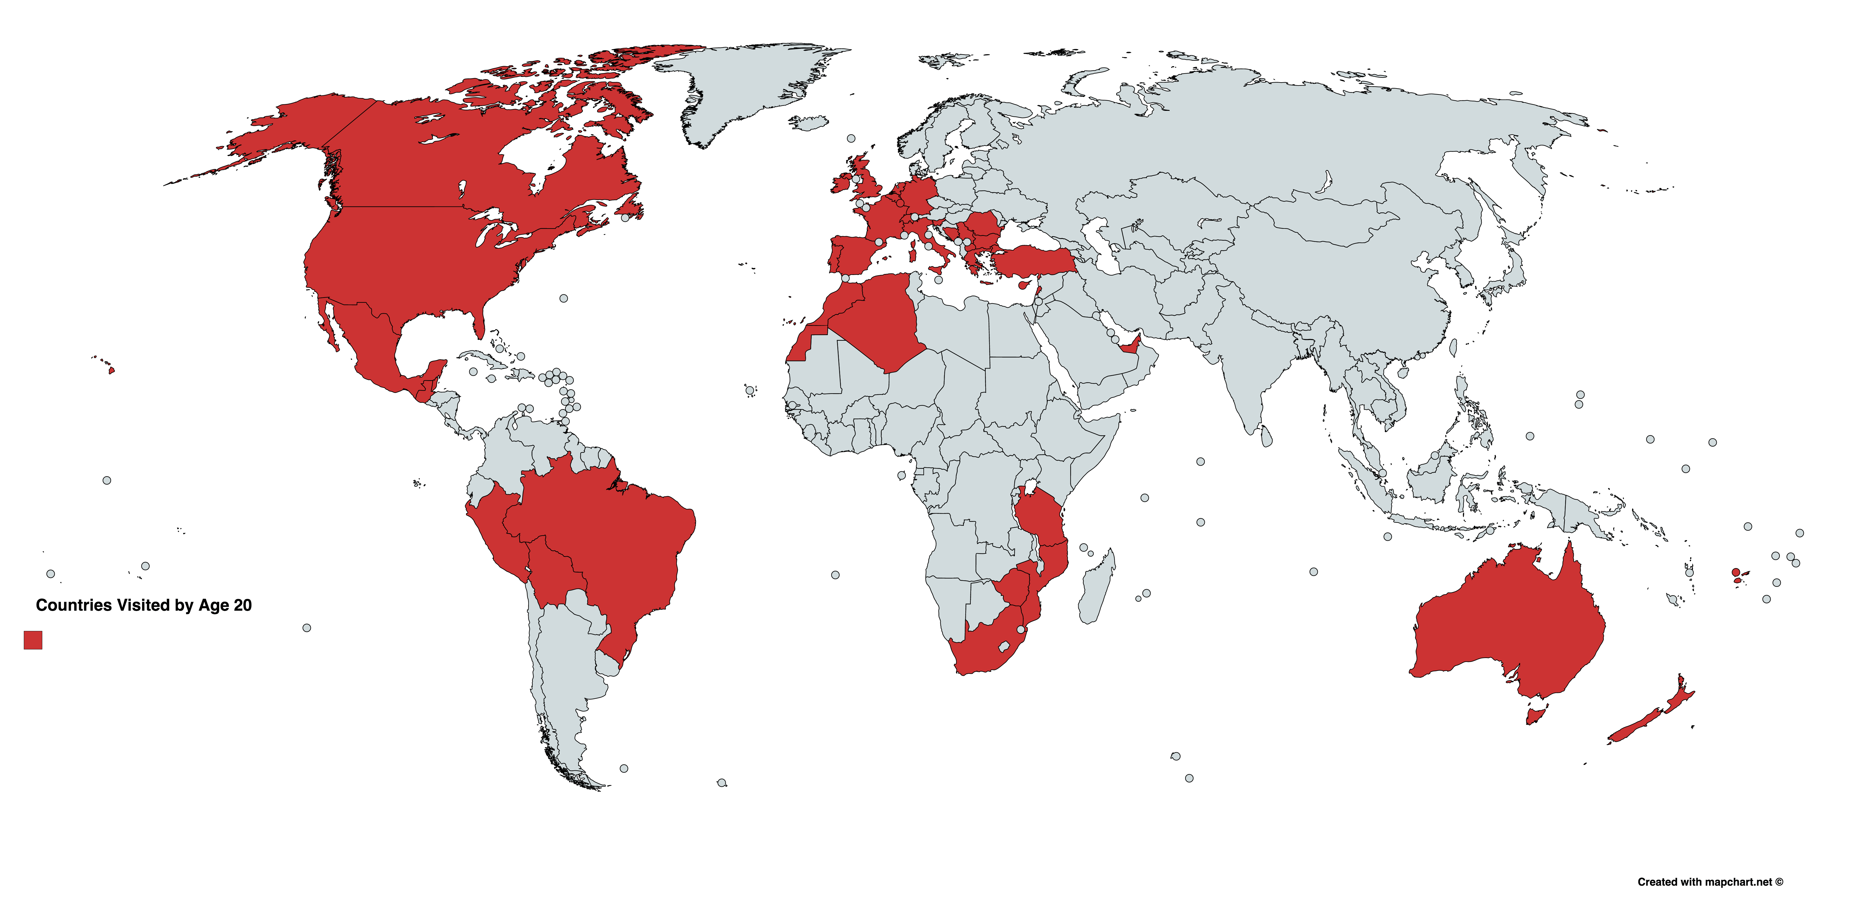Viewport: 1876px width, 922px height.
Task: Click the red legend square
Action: point(33,640)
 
